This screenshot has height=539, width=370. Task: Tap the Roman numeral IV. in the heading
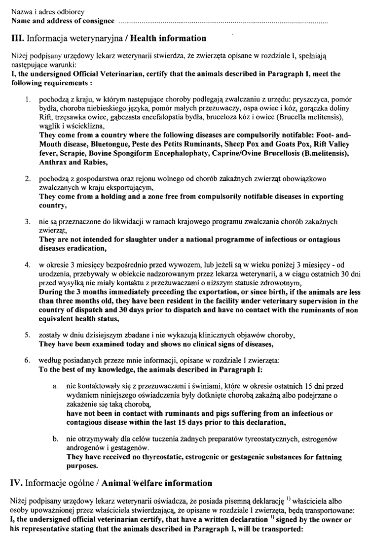(18, 483)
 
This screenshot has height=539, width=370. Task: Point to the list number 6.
(28, 360)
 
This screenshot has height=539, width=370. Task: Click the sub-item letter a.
(55, 386)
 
